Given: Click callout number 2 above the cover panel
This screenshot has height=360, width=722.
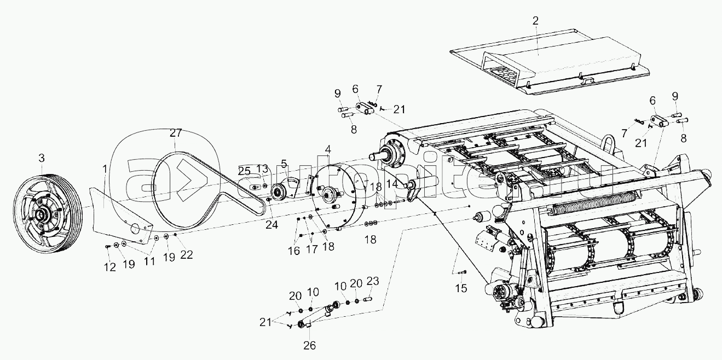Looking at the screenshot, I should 535,21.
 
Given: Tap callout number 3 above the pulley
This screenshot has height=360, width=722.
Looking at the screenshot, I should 41,159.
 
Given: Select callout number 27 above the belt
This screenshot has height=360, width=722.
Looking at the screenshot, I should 175,133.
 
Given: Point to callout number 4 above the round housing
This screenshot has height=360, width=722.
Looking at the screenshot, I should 327,149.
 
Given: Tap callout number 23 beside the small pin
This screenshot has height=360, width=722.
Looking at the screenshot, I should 373,282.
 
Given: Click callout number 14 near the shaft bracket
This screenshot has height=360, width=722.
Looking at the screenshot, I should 392,184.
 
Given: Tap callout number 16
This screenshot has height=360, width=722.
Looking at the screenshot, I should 294,251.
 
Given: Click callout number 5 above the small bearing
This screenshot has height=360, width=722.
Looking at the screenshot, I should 284,163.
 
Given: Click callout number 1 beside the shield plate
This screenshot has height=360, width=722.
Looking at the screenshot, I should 105,170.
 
